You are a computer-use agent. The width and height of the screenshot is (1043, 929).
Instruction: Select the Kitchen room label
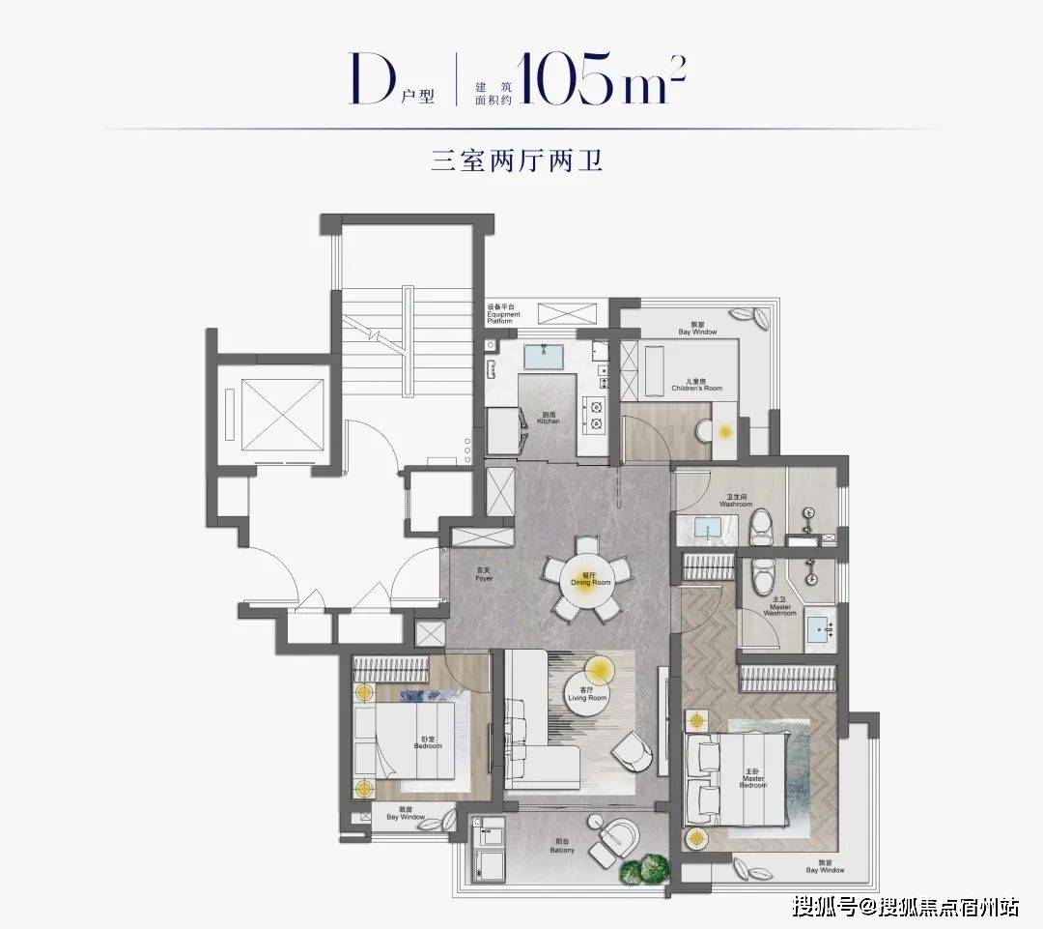[x=549, y=419]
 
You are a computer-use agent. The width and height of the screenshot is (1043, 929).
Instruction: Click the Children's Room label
[x=696, y=386]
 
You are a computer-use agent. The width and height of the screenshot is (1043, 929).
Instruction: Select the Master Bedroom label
[x=753, y=780]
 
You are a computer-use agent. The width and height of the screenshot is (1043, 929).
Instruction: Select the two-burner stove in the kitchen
[x=595, y=414]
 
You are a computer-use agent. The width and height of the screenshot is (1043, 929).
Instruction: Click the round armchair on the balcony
[x=614, y=836]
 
